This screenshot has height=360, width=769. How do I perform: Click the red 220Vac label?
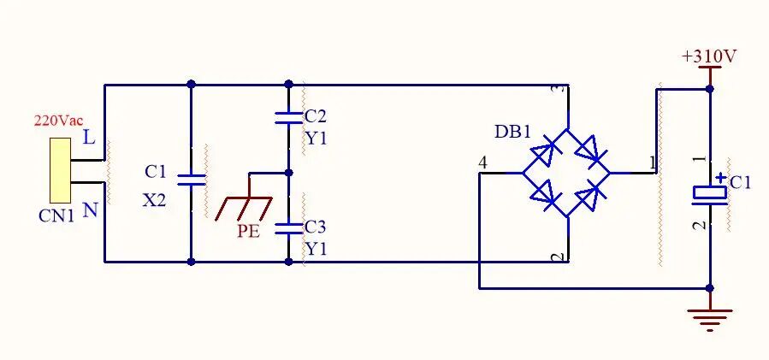(x=58, y=121)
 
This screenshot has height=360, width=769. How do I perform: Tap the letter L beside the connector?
(x=89, y=138)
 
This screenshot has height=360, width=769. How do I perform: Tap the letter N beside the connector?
(x=90, y=210)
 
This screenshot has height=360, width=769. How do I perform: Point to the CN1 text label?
(x=56, y=215)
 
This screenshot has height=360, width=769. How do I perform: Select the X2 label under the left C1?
(x=155, y=200)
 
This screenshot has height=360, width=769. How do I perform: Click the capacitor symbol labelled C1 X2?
(x=191, y=180)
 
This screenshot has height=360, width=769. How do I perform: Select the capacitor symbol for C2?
(x=288, y=118)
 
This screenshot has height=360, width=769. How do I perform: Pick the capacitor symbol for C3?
(x=288, y=228)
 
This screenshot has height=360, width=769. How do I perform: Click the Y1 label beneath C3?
(x=316, y=250)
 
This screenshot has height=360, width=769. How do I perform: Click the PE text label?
(x=249, y=232)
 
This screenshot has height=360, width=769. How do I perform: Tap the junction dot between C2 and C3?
(x=288, y=173)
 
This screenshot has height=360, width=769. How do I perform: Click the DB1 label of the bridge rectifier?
(x=513, y=133)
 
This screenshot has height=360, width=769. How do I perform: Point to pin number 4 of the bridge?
(x=483, y=163)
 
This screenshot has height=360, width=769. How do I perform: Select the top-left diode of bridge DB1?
(x=545, y=151)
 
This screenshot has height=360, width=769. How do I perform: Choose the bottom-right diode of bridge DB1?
(x=589, y=195)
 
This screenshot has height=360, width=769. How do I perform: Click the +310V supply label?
(x=709, y=57)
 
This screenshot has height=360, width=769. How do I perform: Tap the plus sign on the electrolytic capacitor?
(x=720, y=178)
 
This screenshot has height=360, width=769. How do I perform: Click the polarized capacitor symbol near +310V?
(x=709, y=194)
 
